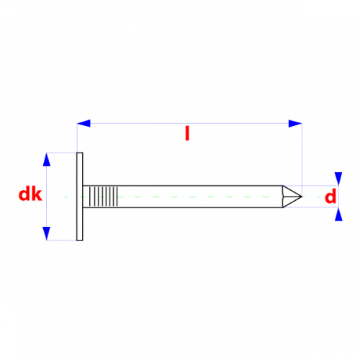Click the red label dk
[30, 194]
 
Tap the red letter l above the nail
[187, 133]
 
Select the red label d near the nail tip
[330, 196]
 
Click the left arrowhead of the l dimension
[84, 123]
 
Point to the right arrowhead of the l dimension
[295, 123]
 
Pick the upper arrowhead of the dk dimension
[47, 159]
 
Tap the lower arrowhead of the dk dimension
[47, 233]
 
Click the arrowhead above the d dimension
[338, 179]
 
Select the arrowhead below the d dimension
[338, 215]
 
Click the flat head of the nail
[80, 197]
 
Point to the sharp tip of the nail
[302, 197]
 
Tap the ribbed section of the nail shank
[104, 197]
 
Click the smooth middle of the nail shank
[200, 197]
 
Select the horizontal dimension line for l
[189, 123]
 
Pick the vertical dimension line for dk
[47, 197]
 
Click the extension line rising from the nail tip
[302, 160]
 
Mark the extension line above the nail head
[77, 138]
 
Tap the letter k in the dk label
[37, 194]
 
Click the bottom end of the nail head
[80, 240]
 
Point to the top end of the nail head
[80, 153]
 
